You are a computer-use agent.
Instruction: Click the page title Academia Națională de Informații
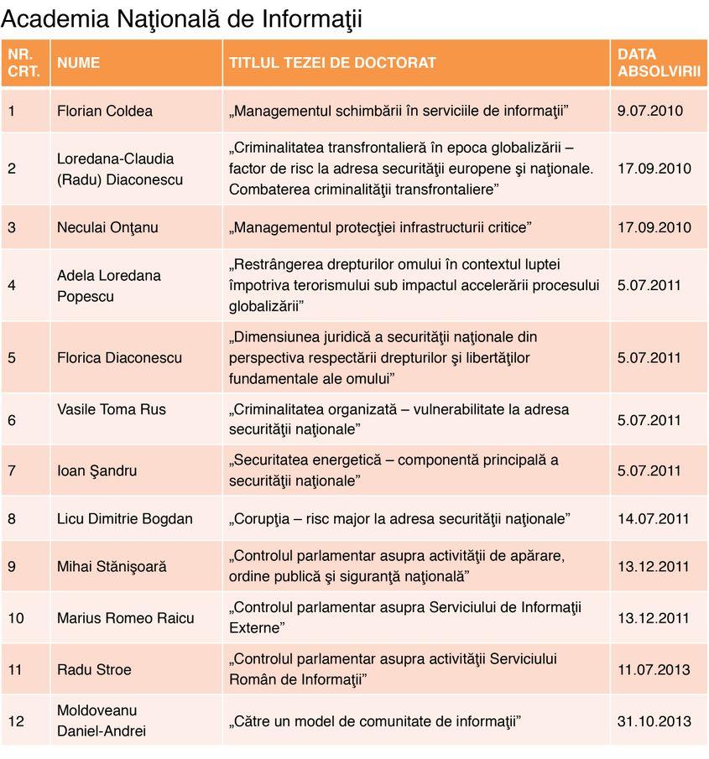[x=182, y=18]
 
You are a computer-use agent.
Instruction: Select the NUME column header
[x=78, y=63]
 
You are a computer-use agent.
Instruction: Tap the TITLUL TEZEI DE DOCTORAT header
[x=332, y=63]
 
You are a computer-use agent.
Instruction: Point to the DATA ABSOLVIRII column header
[x=659, y=63]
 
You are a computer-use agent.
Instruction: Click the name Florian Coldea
[x=105, y=111]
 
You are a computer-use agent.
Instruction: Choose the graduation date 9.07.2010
[x=650, y=111]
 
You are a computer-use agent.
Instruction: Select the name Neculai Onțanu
[x=107, y=227]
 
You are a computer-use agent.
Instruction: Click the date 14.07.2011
[x=654, y=519]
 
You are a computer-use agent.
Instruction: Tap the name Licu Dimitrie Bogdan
[x=125, y=519]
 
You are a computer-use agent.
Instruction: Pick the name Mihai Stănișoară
[x=112, y=566]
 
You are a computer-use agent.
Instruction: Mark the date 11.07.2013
[x=654, y=669]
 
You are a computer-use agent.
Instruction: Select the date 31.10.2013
[x=654, y=720]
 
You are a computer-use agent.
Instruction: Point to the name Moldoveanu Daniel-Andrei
[x=102, y=720]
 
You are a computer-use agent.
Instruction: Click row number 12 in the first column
[x=16, y=720]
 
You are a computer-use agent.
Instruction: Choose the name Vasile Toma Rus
[x=112, y=409]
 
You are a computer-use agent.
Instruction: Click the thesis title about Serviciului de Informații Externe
[x=405, y=617]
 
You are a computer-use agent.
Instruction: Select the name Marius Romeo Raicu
[x=126, y=618]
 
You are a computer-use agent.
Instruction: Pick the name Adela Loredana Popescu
[x=109, y=285]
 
